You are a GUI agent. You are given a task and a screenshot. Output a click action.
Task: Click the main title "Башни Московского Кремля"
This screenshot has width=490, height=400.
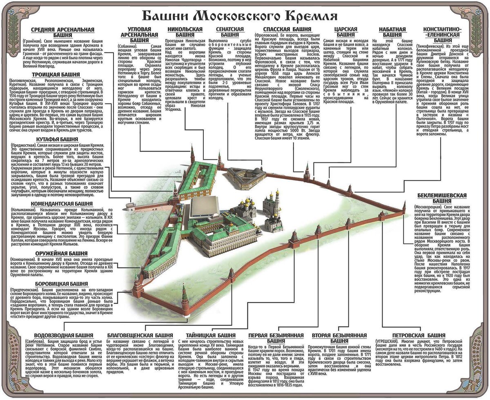point(239,16)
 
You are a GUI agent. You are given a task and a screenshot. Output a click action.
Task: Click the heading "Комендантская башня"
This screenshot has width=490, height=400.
point(62,203)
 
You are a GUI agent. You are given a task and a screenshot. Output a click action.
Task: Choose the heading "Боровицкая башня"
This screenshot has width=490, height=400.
point(62,283)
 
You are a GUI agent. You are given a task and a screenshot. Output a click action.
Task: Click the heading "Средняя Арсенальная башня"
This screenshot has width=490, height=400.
point(62,32)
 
